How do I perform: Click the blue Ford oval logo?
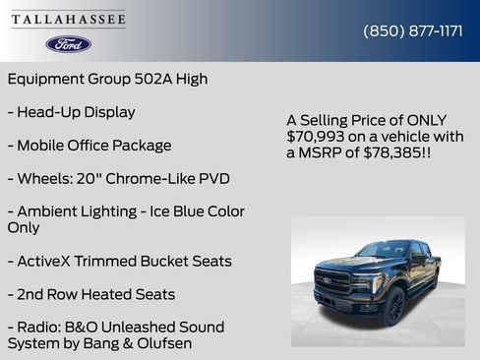(x=69, y=44)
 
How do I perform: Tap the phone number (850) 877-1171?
(x=413, y=31)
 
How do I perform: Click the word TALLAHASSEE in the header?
(x=69, y=20)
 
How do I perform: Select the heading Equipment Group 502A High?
(x=107, y=79)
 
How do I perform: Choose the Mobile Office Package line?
(x=90, y=146)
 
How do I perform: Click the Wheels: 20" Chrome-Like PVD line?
(x=118, y=179)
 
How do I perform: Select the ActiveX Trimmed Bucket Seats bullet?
(x=119, y=262)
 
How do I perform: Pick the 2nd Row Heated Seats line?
(x=90, y=294)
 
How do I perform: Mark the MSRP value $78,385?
(x=394, y=153)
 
